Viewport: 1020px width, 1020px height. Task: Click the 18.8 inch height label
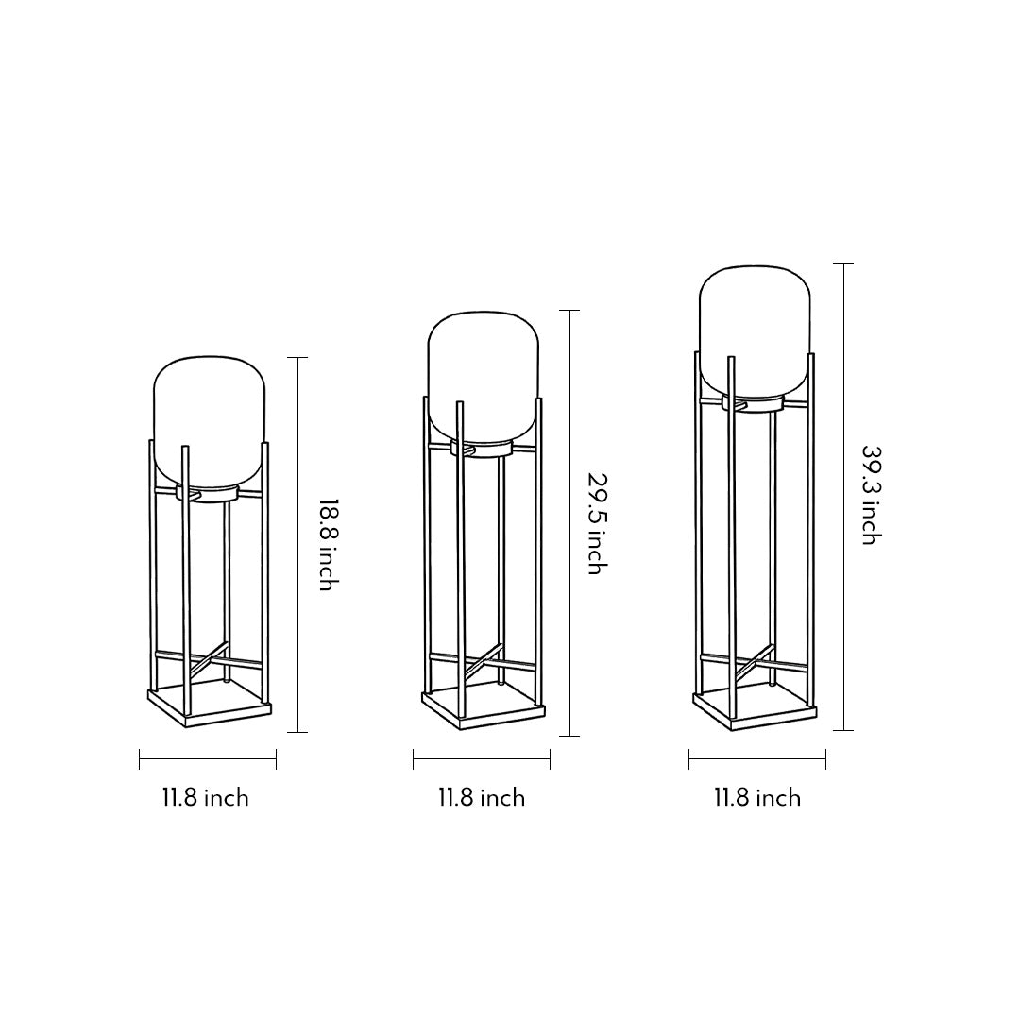[326, 545]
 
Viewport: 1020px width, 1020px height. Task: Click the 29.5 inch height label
[594, 523]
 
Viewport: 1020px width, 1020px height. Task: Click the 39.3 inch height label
[870, 495]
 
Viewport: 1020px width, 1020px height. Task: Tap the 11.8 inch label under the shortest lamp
[205, 798]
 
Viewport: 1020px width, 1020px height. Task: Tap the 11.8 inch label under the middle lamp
[481, 798]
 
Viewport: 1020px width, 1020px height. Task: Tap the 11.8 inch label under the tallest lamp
[756, 798]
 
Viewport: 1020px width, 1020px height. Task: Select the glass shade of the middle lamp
[483, 373]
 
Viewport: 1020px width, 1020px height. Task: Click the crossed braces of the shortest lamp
[209, 661]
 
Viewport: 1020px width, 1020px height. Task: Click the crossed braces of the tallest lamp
[755, 660]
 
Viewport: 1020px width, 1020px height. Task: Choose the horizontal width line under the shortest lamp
[208, 759]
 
